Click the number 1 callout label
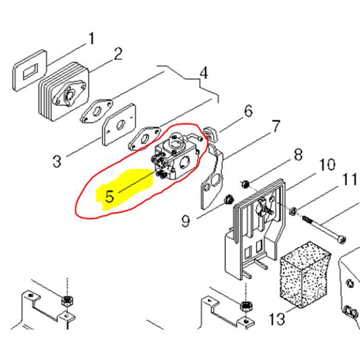(x=92, y=39)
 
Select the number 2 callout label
(x=118, y=54)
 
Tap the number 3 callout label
(x=57, y=161)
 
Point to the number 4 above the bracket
(x=203, y=74)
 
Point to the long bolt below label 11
(x=325, y=228)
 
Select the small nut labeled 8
(x=245, y=184)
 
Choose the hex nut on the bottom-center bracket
(x=246, y=304)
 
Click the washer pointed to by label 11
(x=292, y=210)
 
